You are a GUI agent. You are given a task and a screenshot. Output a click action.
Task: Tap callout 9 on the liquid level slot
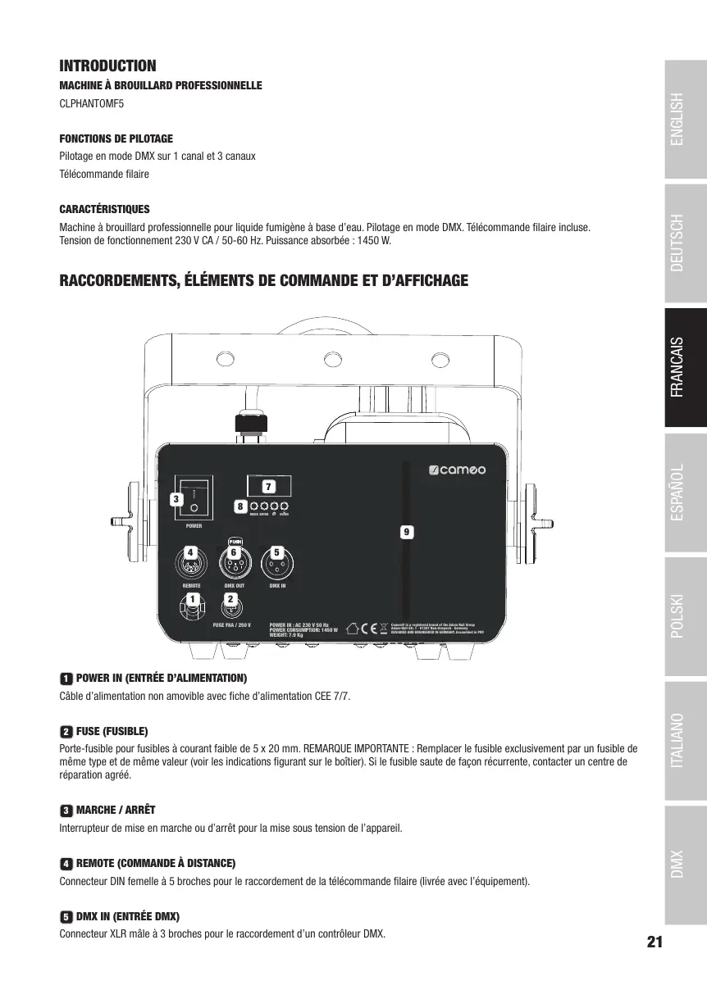click(x=405, y=532)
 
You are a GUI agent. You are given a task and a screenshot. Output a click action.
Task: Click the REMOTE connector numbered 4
click(x=191, y=563)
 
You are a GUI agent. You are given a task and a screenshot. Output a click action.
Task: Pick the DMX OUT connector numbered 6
click(x=235, y=563)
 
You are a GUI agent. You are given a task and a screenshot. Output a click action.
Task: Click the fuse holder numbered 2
click(x=231, y=607)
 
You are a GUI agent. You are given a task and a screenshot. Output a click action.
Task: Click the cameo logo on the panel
click(x=458, y=470)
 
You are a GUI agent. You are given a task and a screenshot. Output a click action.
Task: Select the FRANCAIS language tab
click(x=686, y=367)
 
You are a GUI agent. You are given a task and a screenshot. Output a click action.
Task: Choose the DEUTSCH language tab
click(x=686, y=243)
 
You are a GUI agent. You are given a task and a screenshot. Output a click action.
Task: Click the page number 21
click(x=654, y=942)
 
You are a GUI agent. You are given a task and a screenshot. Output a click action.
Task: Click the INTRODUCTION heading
click(x=107, y=66)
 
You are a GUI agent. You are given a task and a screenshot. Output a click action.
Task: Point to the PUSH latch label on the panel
click(x=235, y=541)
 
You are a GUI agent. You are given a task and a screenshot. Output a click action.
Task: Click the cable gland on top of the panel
click(x=249, y=424)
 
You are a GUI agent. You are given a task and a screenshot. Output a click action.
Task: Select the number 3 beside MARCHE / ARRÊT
click(x=66, y=811)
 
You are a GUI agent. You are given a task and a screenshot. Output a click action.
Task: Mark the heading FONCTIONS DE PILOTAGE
click(x=116, y=138)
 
